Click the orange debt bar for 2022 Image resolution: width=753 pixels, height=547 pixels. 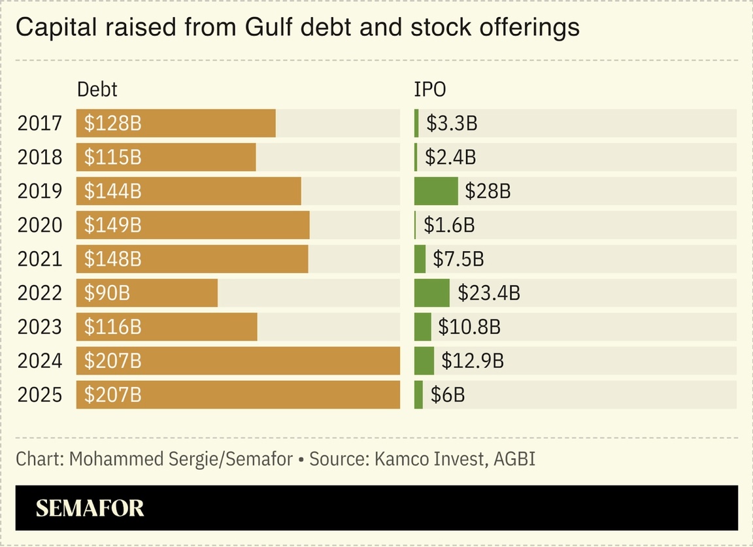pyautogui.click(x=170, y=293)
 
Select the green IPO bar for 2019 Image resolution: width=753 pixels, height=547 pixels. pyautogui.click(x=436, y=191)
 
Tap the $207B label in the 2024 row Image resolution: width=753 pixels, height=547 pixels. pyautogui.click(x=112, y=361)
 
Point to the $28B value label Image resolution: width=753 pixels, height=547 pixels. pyautogui.click(x=488, y=191)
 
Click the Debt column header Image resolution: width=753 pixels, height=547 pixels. pyautogui.click(x=97, y=90)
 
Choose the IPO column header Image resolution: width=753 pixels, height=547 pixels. pyautogui.click(x=429, y=90)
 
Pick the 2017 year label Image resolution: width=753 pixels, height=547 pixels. pyautogui.click(x=40, y=123)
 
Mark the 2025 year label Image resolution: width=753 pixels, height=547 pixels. pyautogui.click(x=40, y=395)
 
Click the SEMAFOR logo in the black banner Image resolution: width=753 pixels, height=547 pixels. pyautogui.click(x=90, y=508)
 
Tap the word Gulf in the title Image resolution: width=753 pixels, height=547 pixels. pyautogui.click(x=272, y=27)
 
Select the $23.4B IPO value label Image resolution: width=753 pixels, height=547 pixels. pyautogui.click(x=489, y=293)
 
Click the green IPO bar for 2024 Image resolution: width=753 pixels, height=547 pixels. pyautogui.click(x=424, y=361)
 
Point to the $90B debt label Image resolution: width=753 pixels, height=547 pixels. pyautogui.click(x=107, y=293)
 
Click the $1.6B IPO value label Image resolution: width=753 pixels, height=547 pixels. pyautogui.click(x=449, y=225)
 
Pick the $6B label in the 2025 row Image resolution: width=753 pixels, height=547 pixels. pyautogui.click(x=448, y=395)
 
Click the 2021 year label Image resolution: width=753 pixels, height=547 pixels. pyautogui.click(x=40, y=259)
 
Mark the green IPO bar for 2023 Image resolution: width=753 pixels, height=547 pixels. pyautogui.click(x=423, y=327)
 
